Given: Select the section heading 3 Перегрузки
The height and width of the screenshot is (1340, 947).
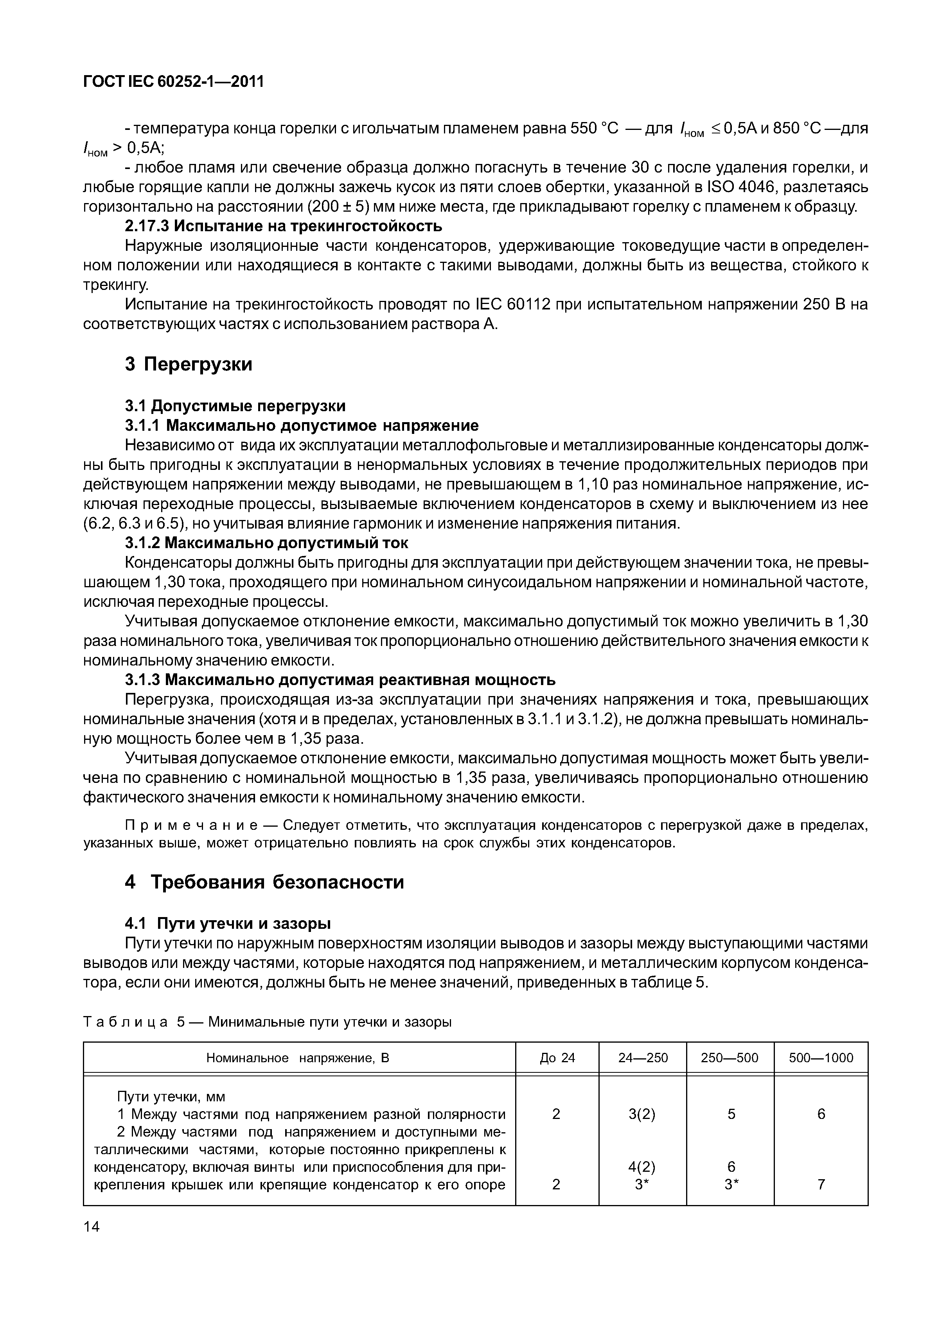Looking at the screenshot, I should (x=189, y=364).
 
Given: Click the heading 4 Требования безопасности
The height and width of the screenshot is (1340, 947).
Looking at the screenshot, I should (x=264, y=882).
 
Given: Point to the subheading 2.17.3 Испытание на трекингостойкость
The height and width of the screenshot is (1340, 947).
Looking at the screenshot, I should (x=284, y=225).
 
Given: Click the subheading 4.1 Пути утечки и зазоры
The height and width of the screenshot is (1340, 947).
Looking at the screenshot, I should (x=228, y=923).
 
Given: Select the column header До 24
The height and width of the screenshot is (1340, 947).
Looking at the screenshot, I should (x=557, y=1058).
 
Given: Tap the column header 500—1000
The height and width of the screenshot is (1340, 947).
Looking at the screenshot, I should (x=820, y=1058).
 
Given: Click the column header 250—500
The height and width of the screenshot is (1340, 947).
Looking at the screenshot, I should (x=730, y=1058).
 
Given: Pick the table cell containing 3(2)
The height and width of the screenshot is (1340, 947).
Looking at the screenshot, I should (x=642, y=1114).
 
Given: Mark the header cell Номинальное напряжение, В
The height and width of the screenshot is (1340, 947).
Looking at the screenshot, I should (x=298, y=1058).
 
